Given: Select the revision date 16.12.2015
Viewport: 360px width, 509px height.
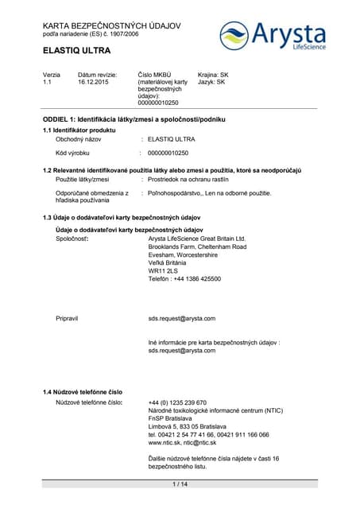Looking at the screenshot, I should pos(95,82).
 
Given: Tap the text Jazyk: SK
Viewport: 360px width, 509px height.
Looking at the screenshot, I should pos(211,82).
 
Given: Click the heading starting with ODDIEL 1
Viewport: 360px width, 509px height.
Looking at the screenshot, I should pos(134,119).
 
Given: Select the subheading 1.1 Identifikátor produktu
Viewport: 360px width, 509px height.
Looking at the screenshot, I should pos(79,130).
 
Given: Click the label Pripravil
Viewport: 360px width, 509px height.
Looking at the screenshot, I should pos(67,318).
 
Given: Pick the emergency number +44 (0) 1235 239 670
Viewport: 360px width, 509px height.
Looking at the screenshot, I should pos(177,402).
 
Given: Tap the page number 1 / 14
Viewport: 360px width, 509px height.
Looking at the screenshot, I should pos(180,484).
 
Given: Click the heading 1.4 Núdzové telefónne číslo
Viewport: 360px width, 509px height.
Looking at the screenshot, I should pos(83,393).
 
